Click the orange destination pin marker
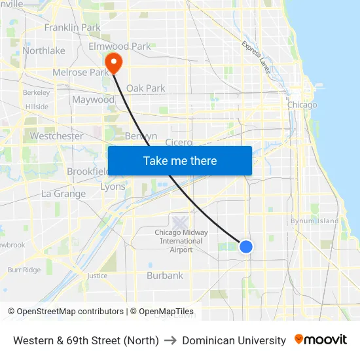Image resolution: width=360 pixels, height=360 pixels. coord(113,62)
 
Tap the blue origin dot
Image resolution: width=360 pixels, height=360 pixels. coord(246,246)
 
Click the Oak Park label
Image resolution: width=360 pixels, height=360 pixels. coord(145,88)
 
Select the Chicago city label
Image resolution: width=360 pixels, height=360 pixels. coord(302,105)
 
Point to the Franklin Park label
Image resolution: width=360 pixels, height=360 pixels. coord(72,27)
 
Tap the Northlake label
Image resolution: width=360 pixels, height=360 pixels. coord(44,50)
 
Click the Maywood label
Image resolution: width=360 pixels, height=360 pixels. coord(93,100)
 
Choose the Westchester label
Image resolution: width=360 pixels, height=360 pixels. coord(57,136)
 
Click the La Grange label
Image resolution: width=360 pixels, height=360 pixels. coord(63,194)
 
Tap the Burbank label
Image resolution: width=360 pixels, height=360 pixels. coord(165,276)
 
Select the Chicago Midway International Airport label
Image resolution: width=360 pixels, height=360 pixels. coord(181,241)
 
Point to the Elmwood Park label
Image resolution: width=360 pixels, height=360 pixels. coord(120,46)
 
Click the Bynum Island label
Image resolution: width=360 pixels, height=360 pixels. coord(315,221)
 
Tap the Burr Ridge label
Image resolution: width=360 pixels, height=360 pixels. coord(24,270)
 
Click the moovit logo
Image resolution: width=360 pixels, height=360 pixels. coord(321,340)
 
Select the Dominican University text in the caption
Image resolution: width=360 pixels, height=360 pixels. coord(234,340)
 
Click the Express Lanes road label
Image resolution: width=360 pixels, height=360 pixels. coord(255,56)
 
